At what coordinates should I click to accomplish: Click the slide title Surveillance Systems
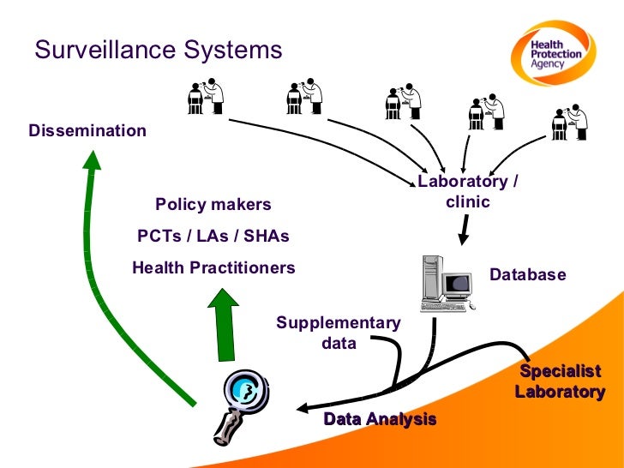[158, 50]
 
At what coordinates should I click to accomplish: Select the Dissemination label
[87, 131]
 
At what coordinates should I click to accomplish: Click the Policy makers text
[213, 205]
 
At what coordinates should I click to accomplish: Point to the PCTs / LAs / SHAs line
[213, 236]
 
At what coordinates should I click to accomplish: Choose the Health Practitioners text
[213, 267]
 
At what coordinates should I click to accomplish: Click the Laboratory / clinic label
[467, 192]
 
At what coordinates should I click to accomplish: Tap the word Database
[527, 275]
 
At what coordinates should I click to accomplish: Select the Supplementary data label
[338, 333]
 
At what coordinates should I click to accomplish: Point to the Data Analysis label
[380, 419]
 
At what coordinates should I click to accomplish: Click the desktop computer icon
[446, 283]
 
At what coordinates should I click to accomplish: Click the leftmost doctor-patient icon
[206, 98]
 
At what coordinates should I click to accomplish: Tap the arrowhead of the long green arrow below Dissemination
[93, 160]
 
